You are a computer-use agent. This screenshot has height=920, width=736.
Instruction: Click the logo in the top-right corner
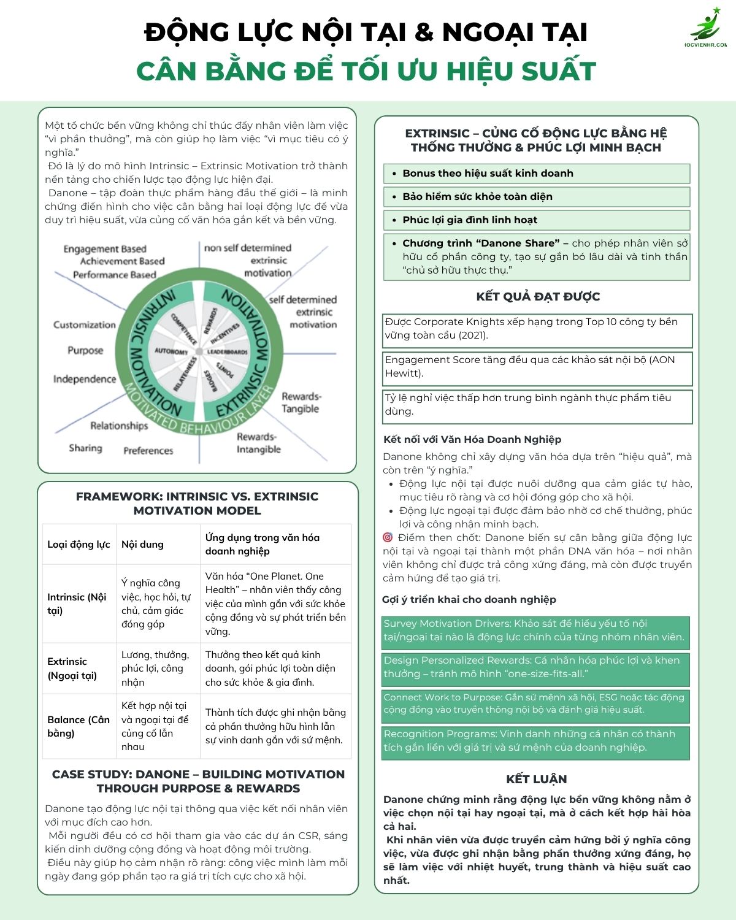click(x=708, y=27)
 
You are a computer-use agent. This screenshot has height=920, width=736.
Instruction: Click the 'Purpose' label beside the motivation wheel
click(x=85, y=350)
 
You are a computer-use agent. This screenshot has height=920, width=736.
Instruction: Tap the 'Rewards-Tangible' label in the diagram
click(x=301, y=402)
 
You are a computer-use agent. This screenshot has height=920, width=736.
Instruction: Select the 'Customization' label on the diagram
click(x=84, y=324)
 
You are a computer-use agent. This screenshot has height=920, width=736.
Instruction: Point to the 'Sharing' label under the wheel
click(x=85, y=448)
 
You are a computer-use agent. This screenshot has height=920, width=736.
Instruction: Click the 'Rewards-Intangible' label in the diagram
click(x=258, y=443)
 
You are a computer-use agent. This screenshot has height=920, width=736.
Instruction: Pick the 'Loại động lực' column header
click(x=79, y=544)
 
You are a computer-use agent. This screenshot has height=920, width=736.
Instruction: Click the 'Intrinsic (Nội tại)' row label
click(x=77, y=604)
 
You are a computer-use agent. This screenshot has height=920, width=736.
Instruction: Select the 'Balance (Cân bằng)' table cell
click(x=78, y=726)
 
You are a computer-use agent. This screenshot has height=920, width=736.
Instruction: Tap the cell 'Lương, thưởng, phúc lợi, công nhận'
click(x=155, y=669)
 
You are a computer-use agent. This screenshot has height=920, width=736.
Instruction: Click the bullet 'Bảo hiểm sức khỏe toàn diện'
click(x=477, y=196)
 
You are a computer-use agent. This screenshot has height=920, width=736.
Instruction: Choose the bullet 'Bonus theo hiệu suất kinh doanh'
click(x=488, y=173)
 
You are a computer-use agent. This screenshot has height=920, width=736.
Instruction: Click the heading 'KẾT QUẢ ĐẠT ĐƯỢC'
click(x=537, y=297)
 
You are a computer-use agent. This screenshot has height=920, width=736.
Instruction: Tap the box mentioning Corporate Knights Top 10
click(x=537, y=329)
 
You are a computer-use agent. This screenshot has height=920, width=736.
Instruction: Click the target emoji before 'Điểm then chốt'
click(x=388, y=538)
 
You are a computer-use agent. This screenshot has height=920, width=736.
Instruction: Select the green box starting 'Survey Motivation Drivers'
click(x=535, y=631)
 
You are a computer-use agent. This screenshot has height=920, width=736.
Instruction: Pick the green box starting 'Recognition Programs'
click(x=535, y=741)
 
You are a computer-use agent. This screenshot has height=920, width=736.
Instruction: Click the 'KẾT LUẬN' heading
click(x=536, y=780)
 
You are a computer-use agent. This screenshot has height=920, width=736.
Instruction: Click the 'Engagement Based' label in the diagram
click(x=105, y=249)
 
